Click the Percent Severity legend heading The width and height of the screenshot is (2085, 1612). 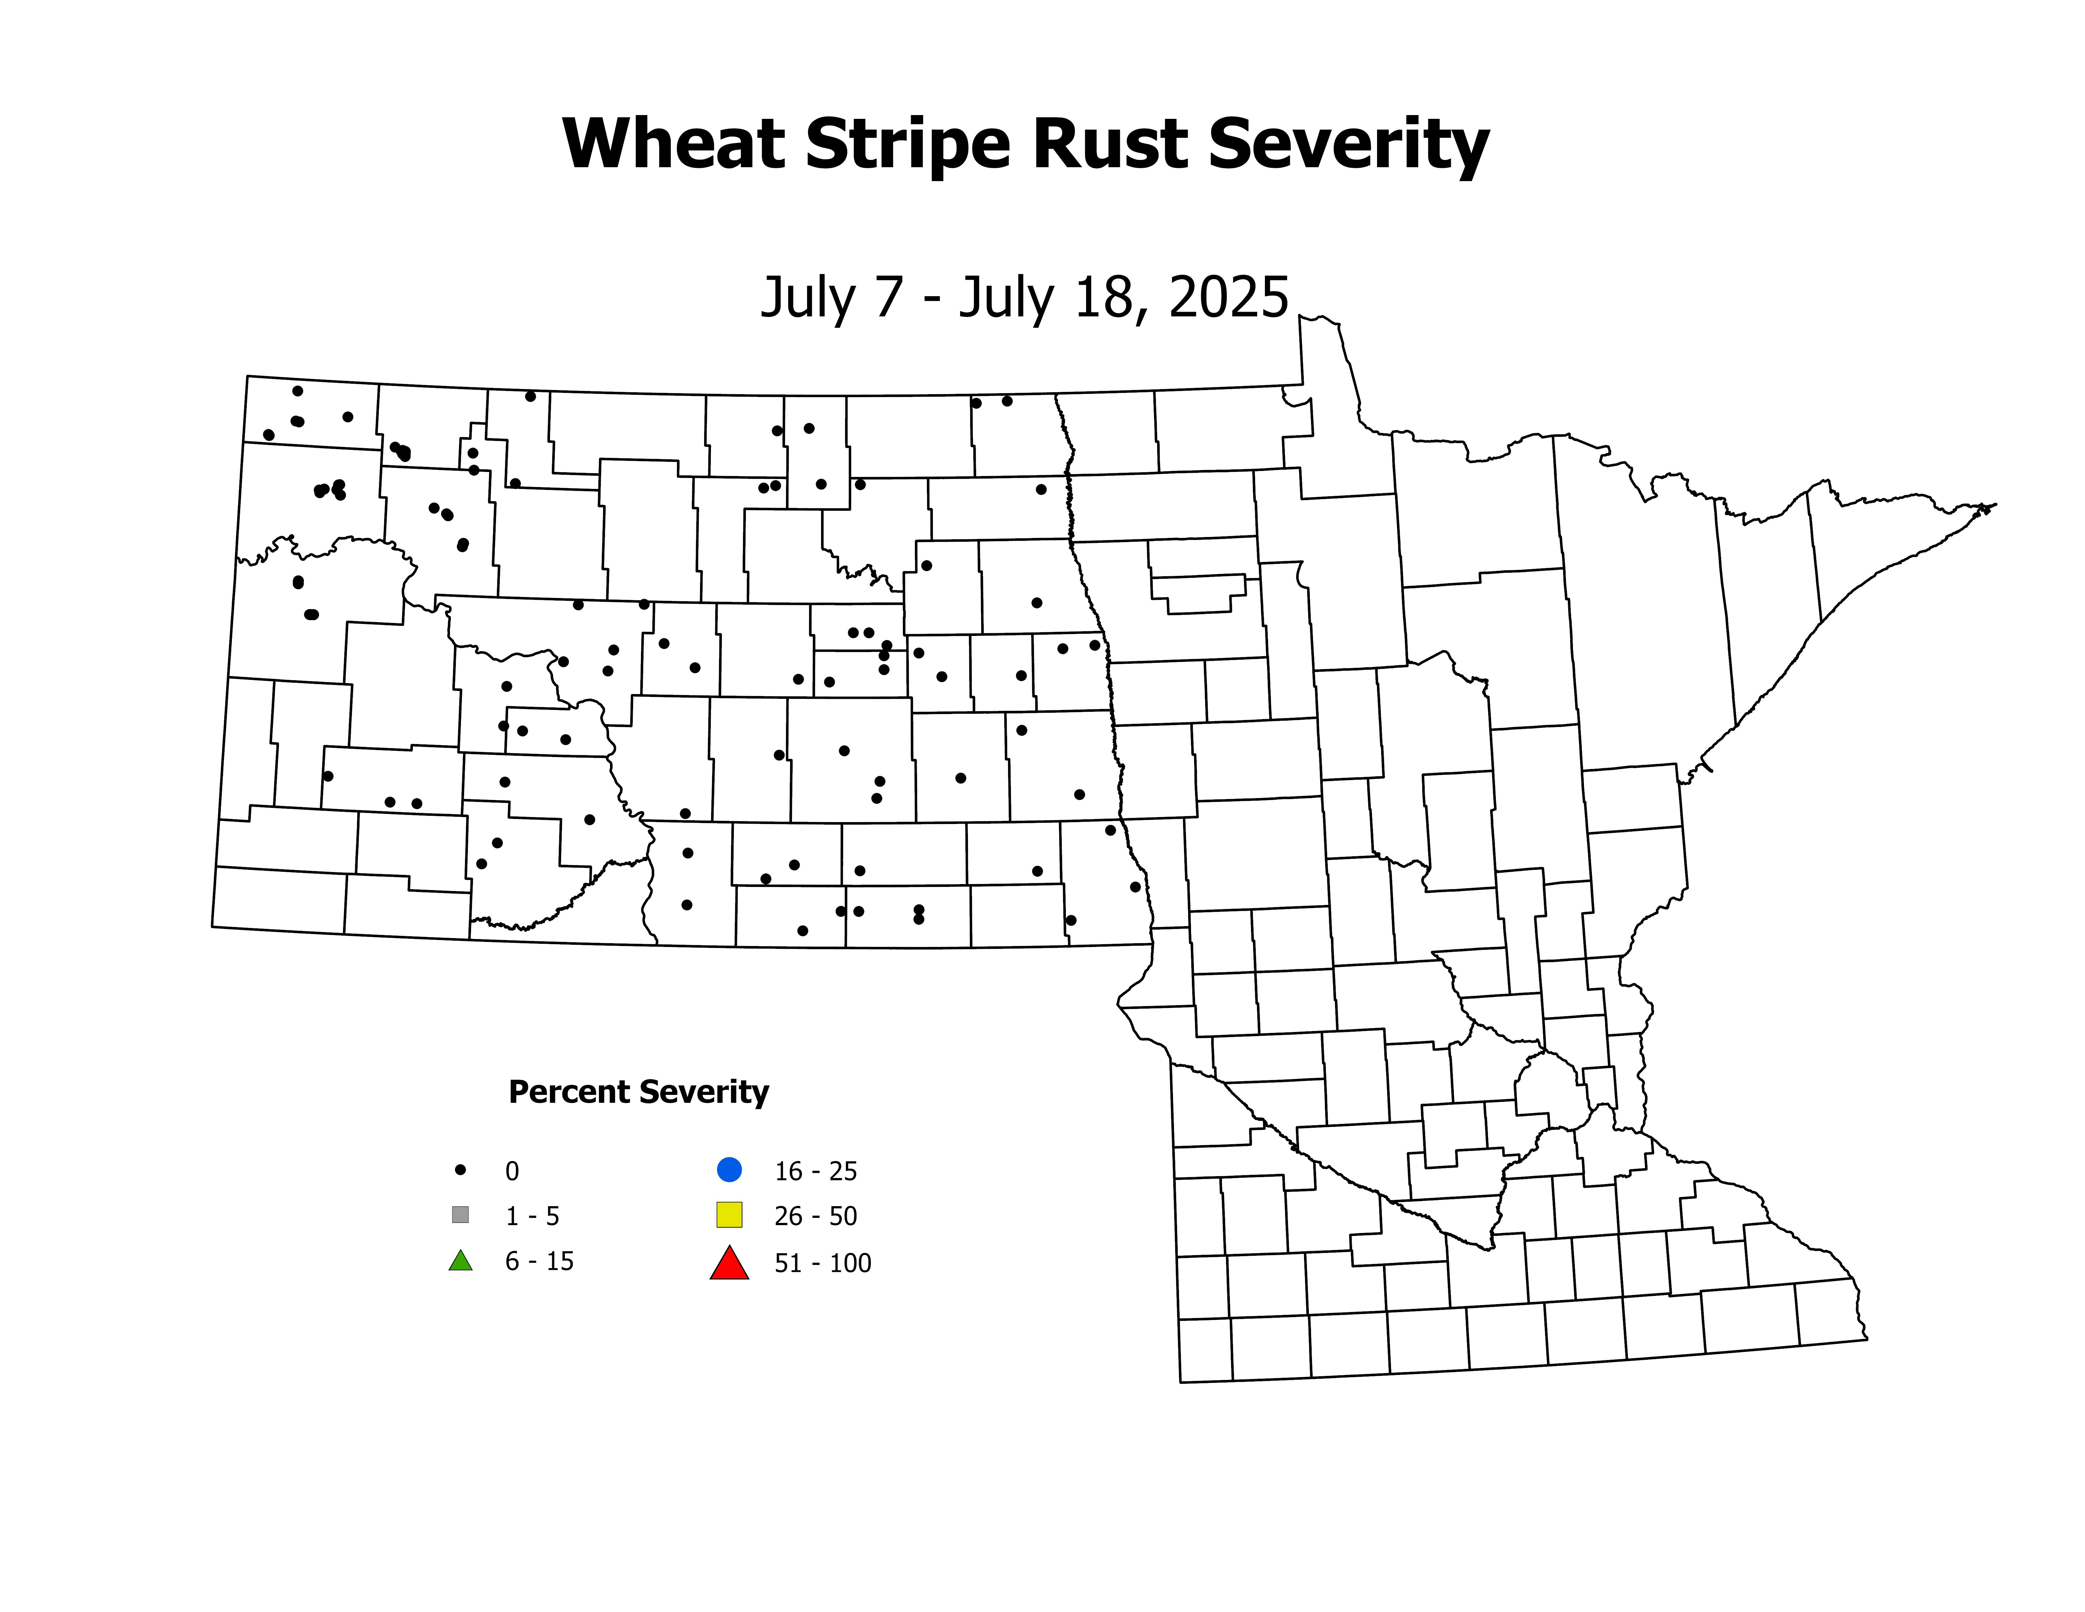638,1091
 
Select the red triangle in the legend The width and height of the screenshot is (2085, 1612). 729,1263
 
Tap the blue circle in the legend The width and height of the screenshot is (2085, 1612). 729,1169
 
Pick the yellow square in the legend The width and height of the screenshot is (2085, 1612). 729,1215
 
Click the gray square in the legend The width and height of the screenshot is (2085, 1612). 460,1215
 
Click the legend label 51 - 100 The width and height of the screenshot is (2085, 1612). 823,1263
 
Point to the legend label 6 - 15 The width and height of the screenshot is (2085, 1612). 539,1261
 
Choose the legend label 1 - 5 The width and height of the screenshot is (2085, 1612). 532,1216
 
